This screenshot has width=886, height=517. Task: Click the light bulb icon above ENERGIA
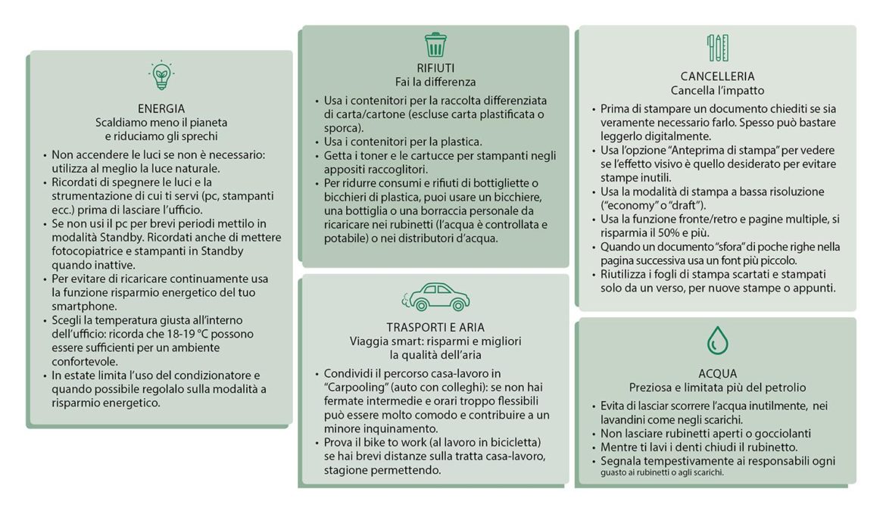point(161,75)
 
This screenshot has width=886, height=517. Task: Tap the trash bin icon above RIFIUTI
point(435,45)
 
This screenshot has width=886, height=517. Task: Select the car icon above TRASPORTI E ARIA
point(435,297)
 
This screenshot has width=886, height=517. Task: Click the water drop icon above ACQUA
point(717,340)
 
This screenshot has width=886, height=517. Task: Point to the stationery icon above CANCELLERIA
point(718,48)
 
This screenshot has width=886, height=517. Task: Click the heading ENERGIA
point(161,108)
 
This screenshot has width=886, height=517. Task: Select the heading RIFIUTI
point(435,68)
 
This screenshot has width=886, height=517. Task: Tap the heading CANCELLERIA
point(717,76)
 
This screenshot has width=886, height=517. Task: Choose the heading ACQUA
point(717,373)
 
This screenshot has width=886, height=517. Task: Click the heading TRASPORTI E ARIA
point(435,327)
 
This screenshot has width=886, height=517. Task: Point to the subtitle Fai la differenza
point(435,82)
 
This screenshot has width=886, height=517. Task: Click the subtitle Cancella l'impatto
point(717,90)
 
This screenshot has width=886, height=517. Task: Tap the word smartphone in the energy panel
point(84,307)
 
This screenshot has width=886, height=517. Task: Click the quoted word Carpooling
point(356,387)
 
